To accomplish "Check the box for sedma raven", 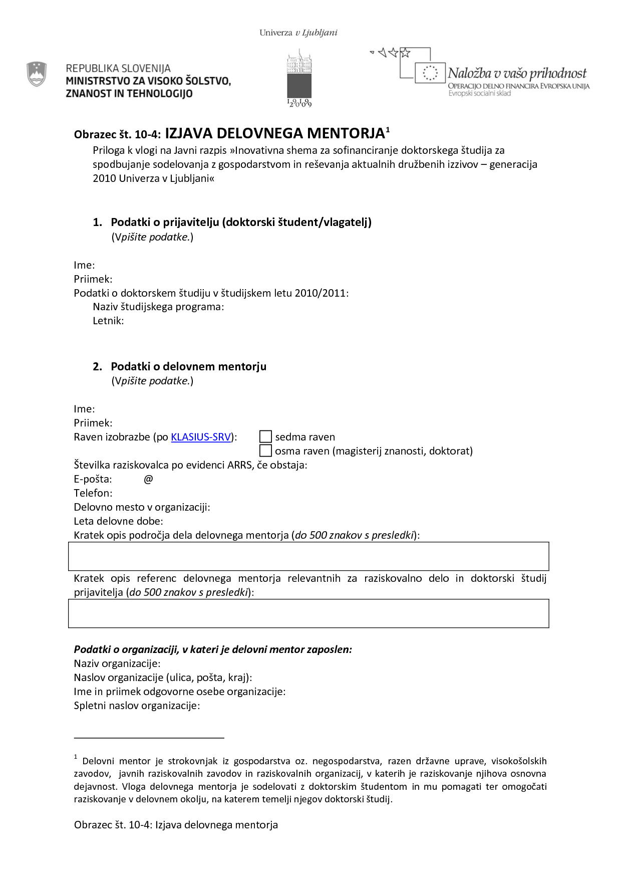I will click(x=265, y=436).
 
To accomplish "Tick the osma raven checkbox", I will click(x=265, y=451).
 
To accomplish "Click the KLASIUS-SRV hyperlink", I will click(x=201, y=437).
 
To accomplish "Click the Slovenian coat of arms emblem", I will click(x=37, y=74).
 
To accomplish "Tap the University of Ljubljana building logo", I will click(x=299, y=78).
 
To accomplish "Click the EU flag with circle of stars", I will click(x=430, y=73).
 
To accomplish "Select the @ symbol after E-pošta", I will click(x=148, y=479).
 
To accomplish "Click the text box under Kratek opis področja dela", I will click(x=308, y=556).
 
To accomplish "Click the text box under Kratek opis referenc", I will click(x=308, y=613).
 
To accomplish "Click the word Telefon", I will click(x=93, y=493).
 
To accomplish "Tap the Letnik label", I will click(x=108, y=321).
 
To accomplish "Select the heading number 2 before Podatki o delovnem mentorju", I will click(x=97, y=366).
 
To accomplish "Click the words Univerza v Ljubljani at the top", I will click(x=298, y=33).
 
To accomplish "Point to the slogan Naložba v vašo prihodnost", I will click(x=517, y=73).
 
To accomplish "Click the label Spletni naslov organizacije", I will click(x=137, y=706).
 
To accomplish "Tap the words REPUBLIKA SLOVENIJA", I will click(x=118, y=68).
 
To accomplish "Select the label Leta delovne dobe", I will click(x=118, y=521).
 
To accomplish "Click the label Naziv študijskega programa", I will click(x=158, y=307).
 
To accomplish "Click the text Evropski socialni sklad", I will click(x=479, y=93).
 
